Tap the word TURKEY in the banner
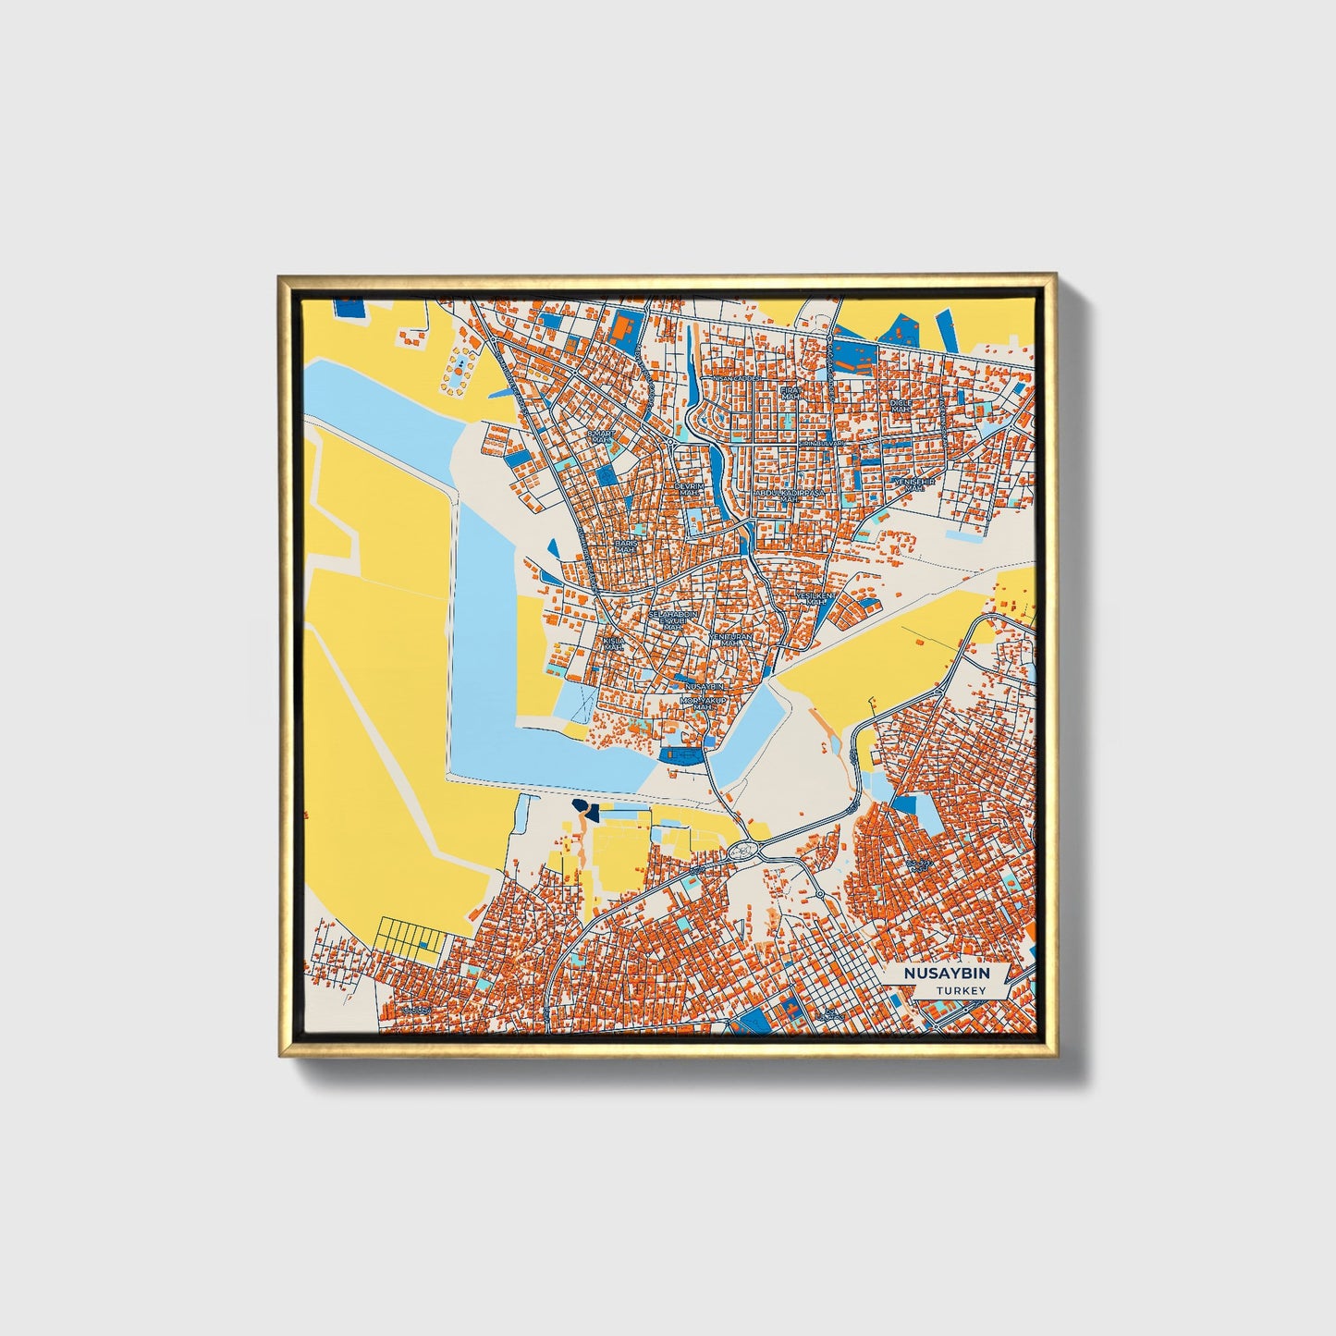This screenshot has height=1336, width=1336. point(960,990)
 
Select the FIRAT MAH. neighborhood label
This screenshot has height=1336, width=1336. point(789,395)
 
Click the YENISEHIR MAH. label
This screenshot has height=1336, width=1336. point(913,484)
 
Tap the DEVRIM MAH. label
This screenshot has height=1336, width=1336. point(689,489)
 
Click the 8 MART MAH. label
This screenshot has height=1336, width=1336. point(601,436)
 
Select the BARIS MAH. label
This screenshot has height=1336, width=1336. point(626,546)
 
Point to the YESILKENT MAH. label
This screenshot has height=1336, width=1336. point(815,599)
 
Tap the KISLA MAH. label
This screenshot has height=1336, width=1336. point(613,643)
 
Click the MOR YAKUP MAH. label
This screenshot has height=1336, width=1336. point(704,705)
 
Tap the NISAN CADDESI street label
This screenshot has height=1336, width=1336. point(735,378)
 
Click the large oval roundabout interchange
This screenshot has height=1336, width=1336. point(745,851)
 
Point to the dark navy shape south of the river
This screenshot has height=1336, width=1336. point(584,810)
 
